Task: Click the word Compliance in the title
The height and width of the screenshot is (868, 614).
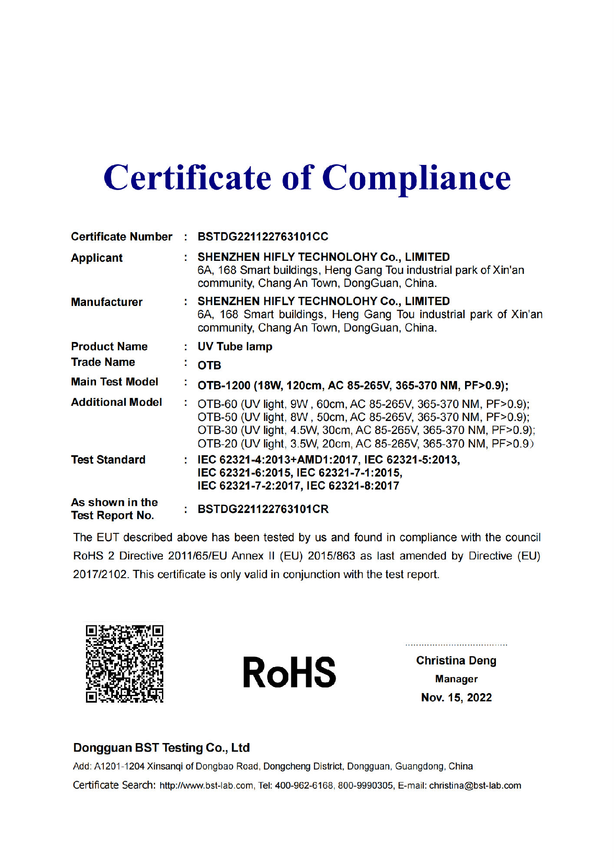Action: pos(417,178)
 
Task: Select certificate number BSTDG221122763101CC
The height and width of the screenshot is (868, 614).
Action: pos(263,237)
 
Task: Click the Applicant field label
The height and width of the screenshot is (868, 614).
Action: pos(97,258)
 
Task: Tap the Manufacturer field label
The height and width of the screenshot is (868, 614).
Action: pos(106,302)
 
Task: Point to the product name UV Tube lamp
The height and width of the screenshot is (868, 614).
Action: pos(235,347)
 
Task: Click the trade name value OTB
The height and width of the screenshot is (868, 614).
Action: pos(209,365)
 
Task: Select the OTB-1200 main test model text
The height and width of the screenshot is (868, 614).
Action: pos(353,385)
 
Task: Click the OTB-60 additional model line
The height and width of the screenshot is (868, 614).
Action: pos(363,404)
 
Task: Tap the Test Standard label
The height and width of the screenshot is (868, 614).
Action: pos(108,460)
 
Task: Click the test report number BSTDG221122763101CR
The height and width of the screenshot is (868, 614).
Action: pos(263,509)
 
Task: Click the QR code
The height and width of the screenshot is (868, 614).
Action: pos(125,664)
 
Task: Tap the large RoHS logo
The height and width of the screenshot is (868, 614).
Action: pos(290,672)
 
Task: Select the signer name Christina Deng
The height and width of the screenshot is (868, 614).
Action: pos(456,661)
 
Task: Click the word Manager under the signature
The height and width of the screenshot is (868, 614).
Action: pos(456,679)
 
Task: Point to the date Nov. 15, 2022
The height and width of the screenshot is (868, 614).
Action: pos(456,697)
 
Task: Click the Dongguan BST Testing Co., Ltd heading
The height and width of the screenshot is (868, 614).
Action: pos(161,748)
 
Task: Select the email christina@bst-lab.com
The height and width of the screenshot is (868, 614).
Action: pos(475,786)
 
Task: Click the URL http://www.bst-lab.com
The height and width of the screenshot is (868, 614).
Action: pos(206,786)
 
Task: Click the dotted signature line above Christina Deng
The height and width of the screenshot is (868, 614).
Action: pos(456,645)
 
